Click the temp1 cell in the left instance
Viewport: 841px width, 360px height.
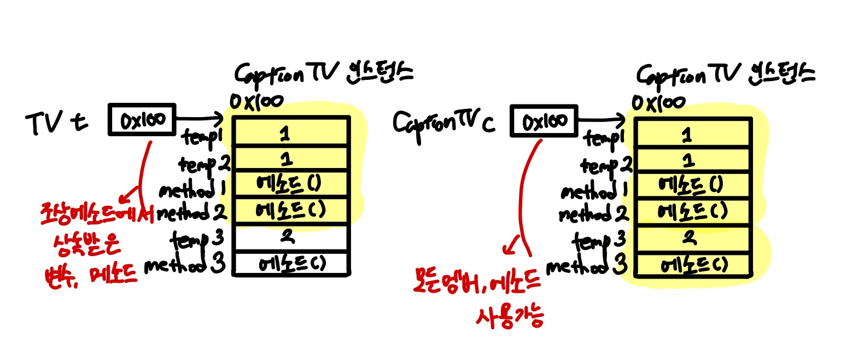(x=290, y=132)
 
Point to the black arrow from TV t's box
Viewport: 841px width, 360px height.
(x=201, y=118)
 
